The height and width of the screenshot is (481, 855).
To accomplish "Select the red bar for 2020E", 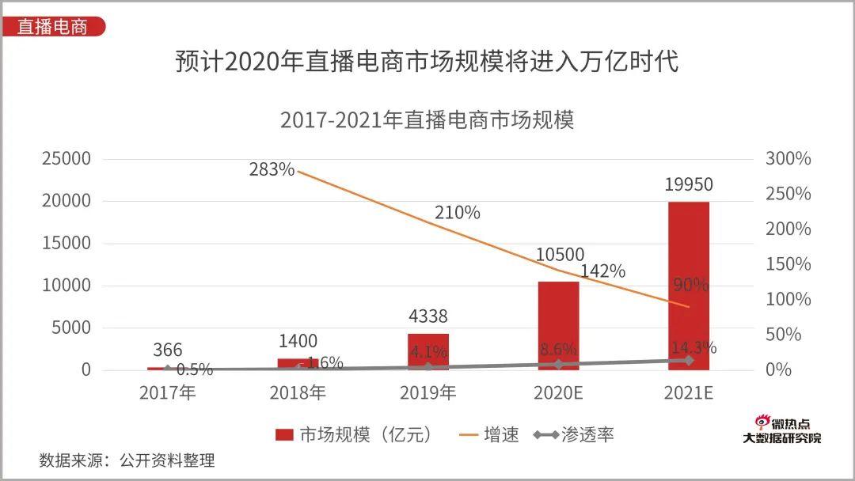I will [x=558, y=325].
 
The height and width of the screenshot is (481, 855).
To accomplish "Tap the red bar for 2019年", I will [x=427, y=351].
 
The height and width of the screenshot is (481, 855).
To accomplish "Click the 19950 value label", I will [x=689, y=185].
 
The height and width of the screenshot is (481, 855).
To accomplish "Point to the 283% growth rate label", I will [x=272, y=169].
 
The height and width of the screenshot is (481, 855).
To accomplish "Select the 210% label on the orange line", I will [x=457, y=213].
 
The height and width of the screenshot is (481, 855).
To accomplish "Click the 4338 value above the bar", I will [x=427, y=316].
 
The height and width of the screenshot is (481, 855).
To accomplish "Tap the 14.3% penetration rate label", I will [x=693, y=347].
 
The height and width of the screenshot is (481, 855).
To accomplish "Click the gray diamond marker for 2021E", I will [x=689, y=360].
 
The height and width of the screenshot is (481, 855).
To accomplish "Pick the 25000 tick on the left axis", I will [x=66, y=159].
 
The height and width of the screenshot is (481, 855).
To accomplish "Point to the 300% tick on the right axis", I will [x=788, y=159].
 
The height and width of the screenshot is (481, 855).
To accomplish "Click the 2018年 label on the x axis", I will [x=298, y=393].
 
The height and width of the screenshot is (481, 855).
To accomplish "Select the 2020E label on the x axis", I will [x=558, y=393].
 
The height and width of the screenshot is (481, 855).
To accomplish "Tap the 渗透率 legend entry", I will [x=573, y=434].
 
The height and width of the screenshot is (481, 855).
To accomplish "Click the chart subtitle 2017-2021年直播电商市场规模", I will [x=427, y=120].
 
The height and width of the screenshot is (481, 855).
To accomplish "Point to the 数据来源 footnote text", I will [x=127, y=460].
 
